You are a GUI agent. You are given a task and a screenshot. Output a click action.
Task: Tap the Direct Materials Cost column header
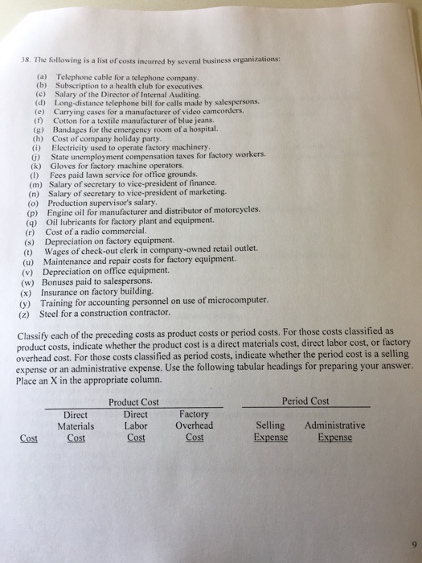click(76, 425)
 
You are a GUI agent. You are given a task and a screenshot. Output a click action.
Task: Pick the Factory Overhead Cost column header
click(195, 425)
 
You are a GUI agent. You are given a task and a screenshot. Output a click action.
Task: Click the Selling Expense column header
click(269, 431)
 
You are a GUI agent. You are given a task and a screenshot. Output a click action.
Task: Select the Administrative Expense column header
click(334, 431)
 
